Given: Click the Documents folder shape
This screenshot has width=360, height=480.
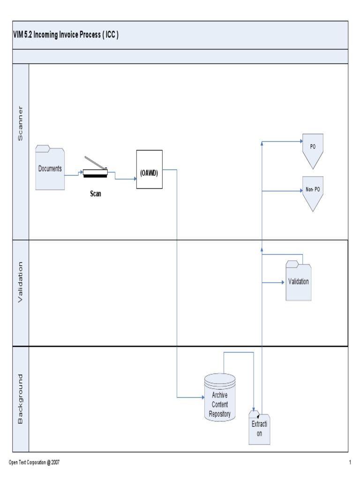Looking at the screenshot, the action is pyautogui.click(x=50, y=167).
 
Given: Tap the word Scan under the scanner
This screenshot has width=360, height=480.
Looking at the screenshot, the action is pyautogui.click(x=96, y=194).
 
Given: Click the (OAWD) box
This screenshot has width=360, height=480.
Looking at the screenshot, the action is pyautogui.click(x=150, y=169).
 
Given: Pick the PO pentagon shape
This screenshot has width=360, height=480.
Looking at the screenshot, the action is pyautogui.click(x=313, y=150).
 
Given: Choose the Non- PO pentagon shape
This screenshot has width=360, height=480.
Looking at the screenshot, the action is pyautogui.click(x=313, y=193).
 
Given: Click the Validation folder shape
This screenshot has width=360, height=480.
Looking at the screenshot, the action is pyautogui.click(x=299, y=281).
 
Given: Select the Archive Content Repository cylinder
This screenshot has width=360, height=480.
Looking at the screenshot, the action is pyautogui.click(x=220, y=397).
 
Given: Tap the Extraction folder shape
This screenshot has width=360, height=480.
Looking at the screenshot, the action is pyautogui.click(x=259, y=428).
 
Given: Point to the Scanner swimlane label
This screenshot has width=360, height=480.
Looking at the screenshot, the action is pyautogui.click(x=20, y=123).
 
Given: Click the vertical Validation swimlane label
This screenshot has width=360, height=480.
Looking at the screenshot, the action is pyautogui.click(x=20, y=282).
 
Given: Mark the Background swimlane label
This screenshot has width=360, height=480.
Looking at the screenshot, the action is pyautogui.click(x=20, y=399).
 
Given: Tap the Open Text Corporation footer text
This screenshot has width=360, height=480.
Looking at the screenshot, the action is pyautogui.click(x=34, y=462).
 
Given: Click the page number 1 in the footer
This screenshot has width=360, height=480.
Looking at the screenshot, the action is pyautogui.click(x=350, y=462).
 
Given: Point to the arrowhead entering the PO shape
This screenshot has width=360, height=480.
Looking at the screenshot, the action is pyautogui.click(x=301, y=142).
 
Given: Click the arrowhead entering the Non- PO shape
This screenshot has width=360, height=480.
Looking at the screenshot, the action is pyautogui.click(x=301, y=191).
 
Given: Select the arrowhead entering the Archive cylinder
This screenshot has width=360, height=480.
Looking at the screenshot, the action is pyautogui.click(x=203, y=397).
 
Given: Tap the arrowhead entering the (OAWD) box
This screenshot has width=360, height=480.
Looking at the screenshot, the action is pyautogui.click(x=135, y=179).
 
